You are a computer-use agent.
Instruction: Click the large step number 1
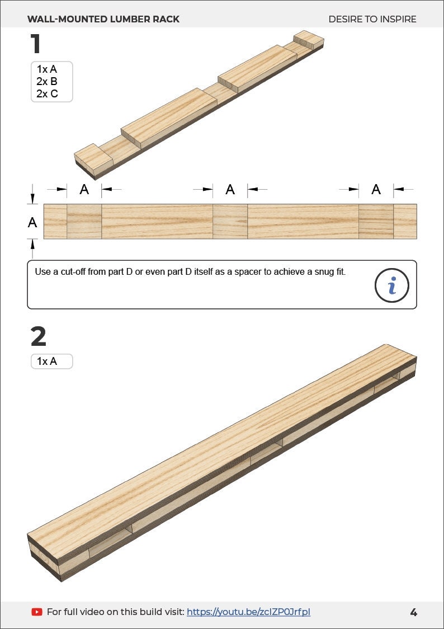coord(36,44)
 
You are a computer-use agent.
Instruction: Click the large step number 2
coord(39,337)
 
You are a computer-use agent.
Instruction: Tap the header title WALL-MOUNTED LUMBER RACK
coord(103,19)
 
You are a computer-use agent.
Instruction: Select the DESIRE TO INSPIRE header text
coord(372,19)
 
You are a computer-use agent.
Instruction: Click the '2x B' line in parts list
coord(47,82)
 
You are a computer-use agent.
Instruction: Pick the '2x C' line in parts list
coord(47,94)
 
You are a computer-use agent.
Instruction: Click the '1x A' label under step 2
coord(47,362)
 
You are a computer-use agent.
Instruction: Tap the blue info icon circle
coord(391,285)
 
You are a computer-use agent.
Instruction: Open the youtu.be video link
coord(248,612)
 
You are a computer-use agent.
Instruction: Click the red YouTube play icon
coord(37,612)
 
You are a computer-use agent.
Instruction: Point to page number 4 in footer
coord(413,612)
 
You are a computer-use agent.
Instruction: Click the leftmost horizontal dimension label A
coord(84,189)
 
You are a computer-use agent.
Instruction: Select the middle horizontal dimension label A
coord(230,189)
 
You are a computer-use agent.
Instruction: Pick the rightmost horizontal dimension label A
coord(376,189)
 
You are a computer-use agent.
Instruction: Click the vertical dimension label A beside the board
coord(32,222)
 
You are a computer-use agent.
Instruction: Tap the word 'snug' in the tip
coord(307,272)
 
